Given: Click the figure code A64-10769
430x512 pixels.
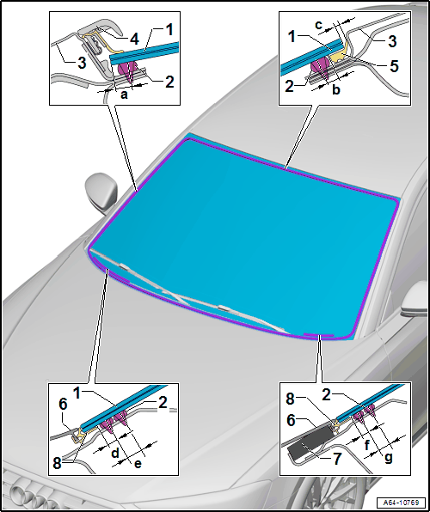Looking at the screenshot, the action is [x=402, y=502].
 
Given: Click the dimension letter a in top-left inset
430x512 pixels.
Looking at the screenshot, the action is [x=125, y=94].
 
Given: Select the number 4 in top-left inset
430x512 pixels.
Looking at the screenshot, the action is [x=133, y=39].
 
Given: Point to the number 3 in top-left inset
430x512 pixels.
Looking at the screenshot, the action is [x=82, y=62].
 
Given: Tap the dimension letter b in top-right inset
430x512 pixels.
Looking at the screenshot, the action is [x=335, y=89].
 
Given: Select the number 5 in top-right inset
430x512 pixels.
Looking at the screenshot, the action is [x=395, y=65].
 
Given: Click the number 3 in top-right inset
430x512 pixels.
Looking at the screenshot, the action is [x=393, y=41].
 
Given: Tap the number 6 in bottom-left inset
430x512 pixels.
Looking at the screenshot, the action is [x=64, y=405].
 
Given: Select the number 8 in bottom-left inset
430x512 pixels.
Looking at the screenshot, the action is [x=58, y=464].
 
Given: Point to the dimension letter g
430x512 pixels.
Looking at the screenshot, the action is [x=388, y=459].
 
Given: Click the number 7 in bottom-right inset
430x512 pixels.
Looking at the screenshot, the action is [x=337, y=459].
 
